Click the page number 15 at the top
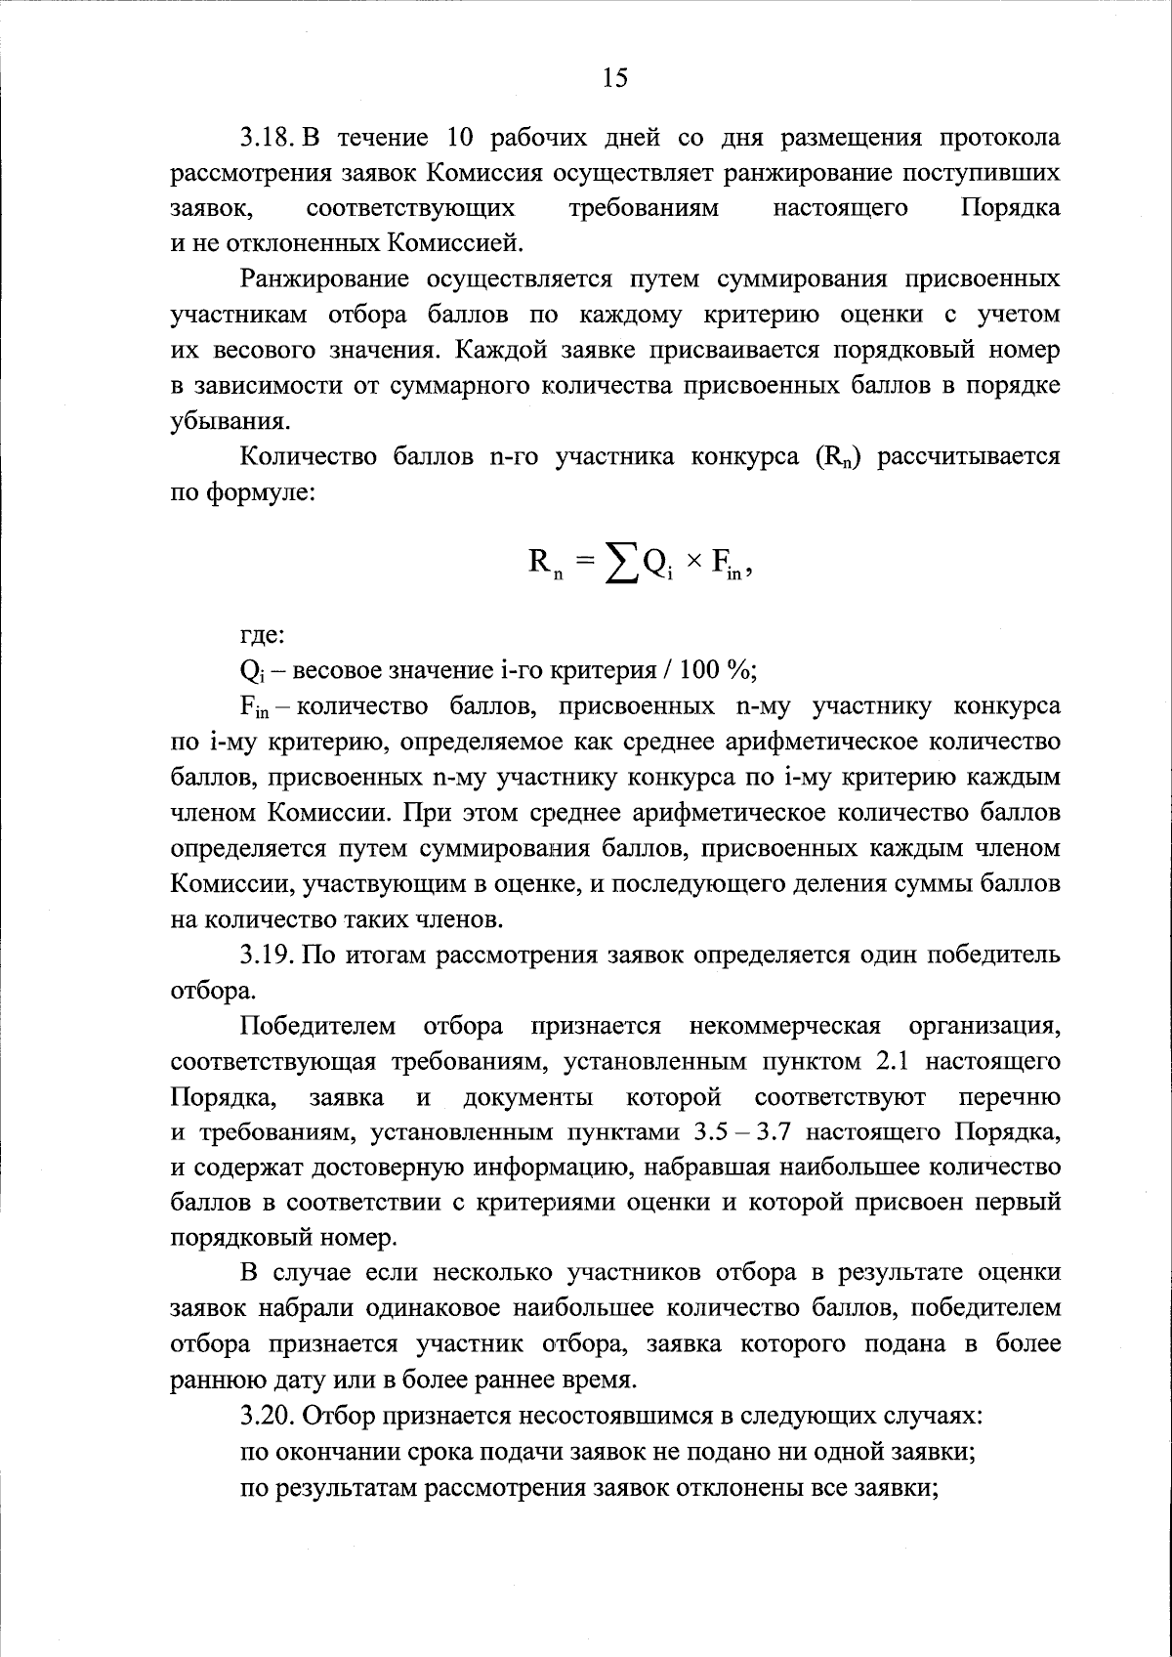pos(615,78)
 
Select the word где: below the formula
pos(263,635)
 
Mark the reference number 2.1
pos(943,1061)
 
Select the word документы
pos(527,1097)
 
